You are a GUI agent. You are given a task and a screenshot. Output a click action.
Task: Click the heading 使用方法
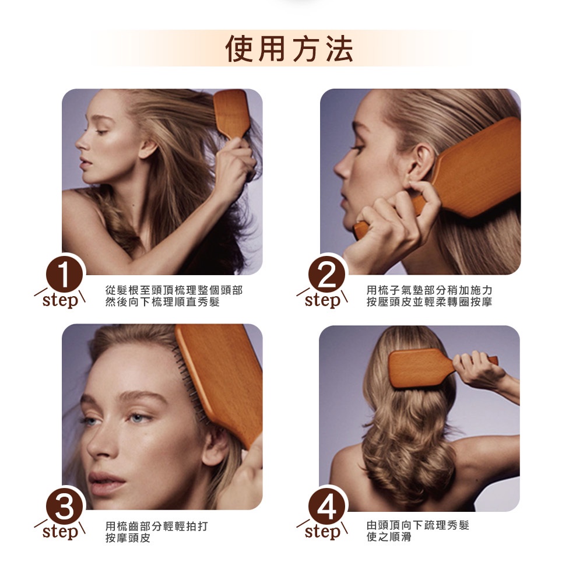(289, 49)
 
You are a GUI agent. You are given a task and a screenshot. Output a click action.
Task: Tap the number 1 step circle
(64, 276)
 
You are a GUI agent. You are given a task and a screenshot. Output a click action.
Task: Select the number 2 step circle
(326, 276)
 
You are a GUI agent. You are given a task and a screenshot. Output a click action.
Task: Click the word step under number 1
(61, 300)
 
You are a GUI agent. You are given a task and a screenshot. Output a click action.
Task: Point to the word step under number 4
(322, 532)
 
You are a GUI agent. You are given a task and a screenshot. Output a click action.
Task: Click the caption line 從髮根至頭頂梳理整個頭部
(174, 290)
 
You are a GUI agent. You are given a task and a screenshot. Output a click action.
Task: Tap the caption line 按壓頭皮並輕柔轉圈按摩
(429, 302)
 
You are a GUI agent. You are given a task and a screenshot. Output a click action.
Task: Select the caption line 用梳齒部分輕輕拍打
(156, 526)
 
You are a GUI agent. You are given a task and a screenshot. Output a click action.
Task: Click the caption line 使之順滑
(389, 537)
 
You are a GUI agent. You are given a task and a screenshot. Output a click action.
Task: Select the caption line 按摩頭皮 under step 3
(128, 538)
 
